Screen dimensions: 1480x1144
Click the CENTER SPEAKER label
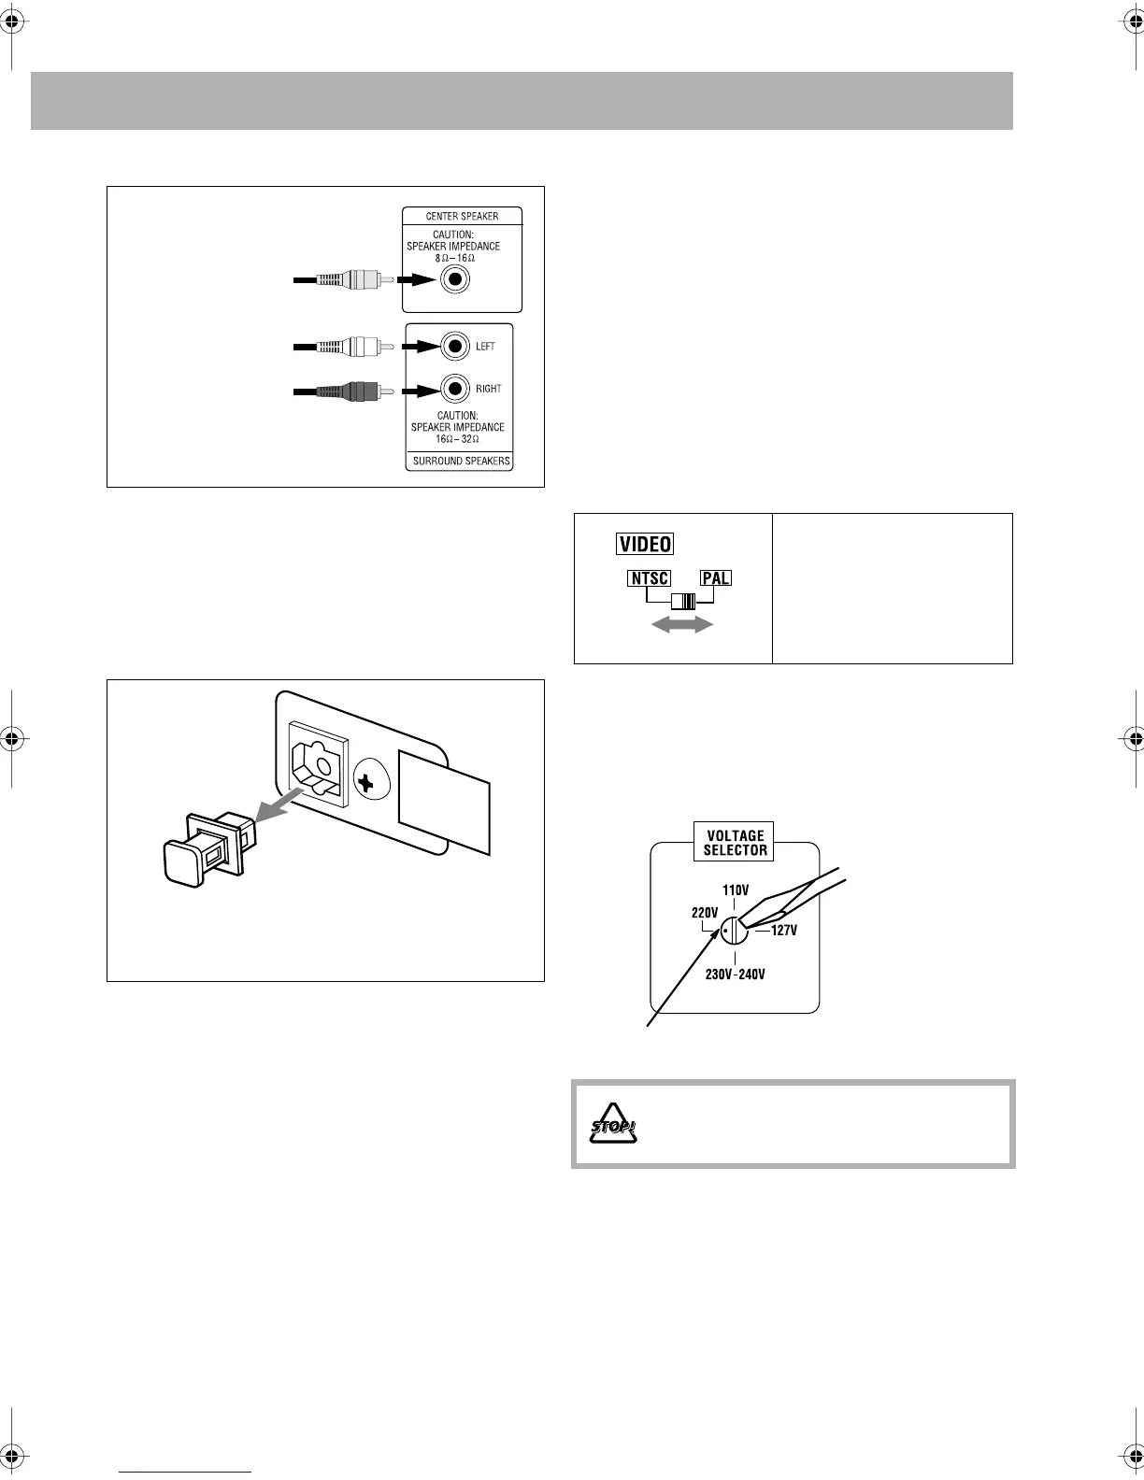(x=462, y=216)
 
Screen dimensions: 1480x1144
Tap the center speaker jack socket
(x=455, y=278)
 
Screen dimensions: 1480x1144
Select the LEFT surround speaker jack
(x=455, y=347)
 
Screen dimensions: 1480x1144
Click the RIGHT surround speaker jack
(x=455, y=388)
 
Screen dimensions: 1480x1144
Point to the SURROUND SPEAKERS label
(x=462, y=462)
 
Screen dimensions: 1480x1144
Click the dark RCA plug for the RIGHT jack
(x=350, y=390)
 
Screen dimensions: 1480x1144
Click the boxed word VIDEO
(x=645, y=544)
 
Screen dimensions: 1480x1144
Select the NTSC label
(x=649, y=578)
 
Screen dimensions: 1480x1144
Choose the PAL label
(x=716, y=578)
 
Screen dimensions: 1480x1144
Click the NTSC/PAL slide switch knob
(x=687, y=602)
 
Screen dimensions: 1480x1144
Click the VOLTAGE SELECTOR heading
(x=736, y=843)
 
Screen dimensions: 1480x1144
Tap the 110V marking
(x=736, y=890)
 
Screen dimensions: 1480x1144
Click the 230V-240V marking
(x=736, y=975)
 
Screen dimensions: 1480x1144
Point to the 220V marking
(x=704, y=913)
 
